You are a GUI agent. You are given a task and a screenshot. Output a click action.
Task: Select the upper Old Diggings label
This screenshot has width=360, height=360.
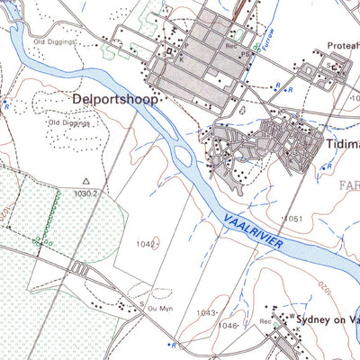(53, 41)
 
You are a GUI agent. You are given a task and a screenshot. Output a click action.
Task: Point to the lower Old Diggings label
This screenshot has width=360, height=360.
(69, 122)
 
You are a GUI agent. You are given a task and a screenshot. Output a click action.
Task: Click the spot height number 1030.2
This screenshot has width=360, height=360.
(86, 192)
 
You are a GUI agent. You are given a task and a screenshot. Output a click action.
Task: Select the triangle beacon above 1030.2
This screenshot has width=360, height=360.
(86, 180)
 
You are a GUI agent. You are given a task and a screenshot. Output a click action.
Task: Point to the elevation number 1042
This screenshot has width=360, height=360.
(145, 244)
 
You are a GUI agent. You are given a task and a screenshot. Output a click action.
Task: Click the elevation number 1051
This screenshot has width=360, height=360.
(293, 219)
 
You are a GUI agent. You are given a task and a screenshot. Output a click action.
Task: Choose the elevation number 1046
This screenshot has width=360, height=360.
(229, 325)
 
